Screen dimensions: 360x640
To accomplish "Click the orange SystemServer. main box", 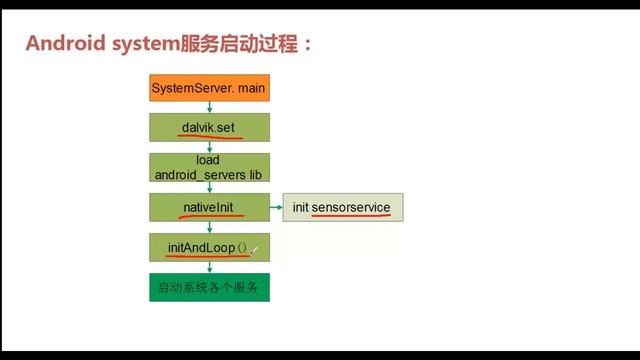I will [x=209, y=89].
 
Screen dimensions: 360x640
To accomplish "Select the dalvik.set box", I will [x=209, y=127].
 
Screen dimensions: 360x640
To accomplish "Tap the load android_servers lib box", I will [x=209, y=167].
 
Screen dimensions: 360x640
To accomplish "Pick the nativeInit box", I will [x=209, y=207].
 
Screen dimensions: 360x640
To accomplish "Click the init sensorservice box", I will [x=343, y=207].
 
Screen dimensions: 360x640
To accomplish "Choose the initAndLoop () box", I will [x=209, y=246].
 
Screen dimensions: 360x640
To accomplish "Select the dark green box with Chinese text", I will [x=209, y=288].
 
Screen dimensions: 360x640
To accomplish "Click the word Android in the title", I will [x=64, y=45].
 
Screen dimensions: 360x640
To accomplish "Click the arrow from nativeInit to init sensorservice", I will [x=276, y=207].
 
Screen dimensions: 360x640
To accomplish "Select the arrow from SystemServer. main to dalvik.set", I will [x=209, y=108].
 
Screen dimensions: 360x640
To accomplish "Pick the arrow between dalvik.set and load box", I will [x=209, y=147].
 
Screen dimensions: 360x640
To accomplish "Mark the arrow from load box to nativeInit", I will [x=209, y=187].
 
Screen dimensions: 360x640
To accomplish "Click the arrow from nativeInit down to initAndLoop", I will [x=209, y=227].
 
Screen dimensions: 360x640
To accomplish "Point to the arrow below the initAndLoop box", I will [x=209, y=266].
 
